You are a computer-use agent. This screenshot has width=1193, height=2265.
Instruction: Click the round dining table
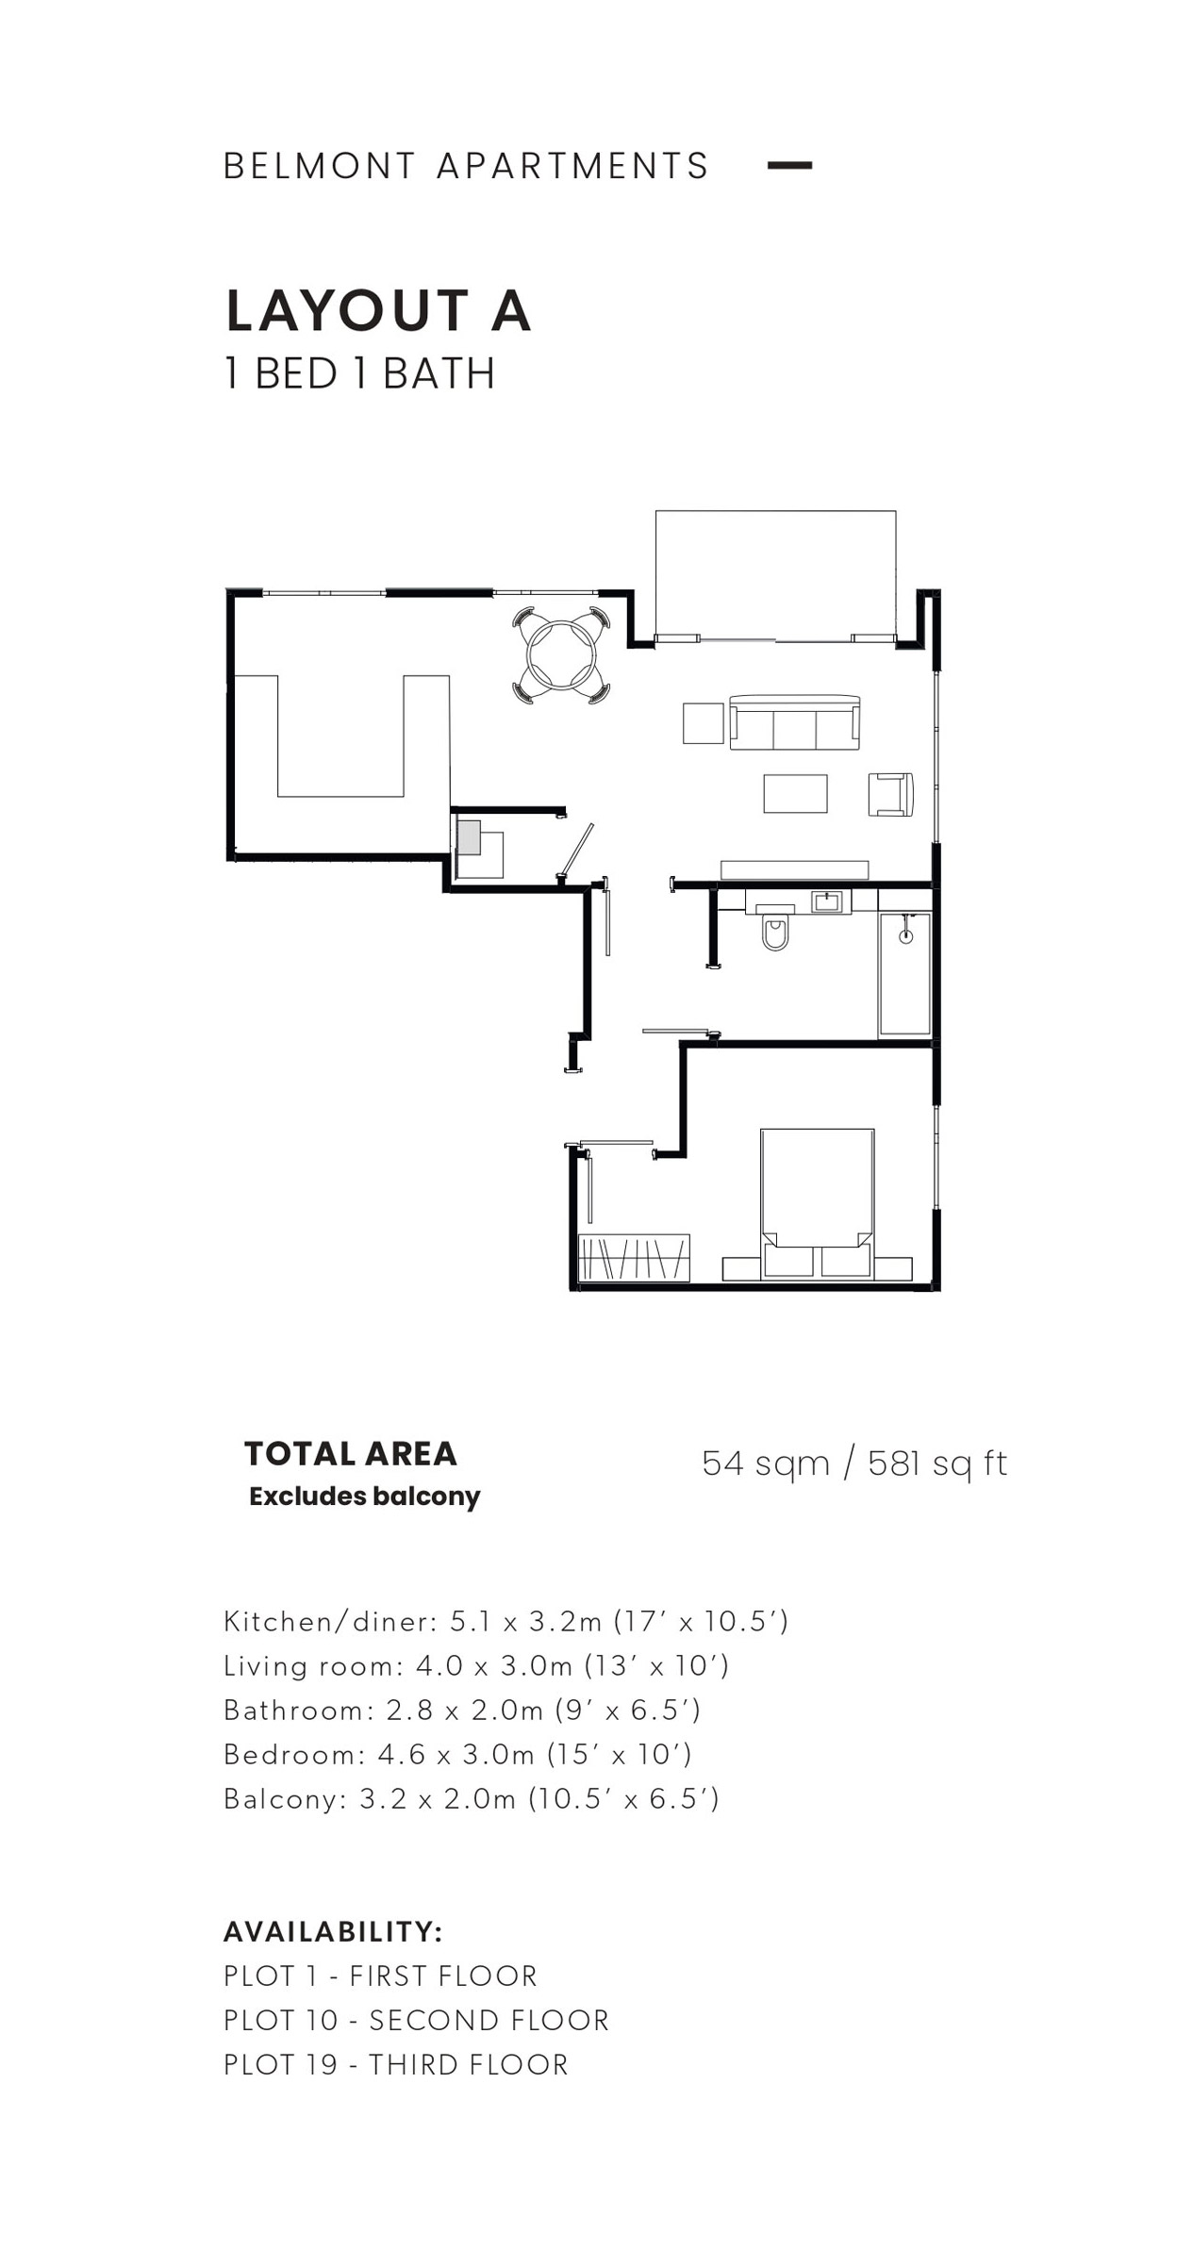tap(561, 654)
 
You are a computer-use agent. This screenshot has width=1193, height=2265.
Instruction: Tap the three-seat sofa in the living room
tap(794, 722)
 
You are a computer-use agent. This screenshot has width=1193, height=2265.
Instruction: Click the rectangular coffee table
tap(795, 793)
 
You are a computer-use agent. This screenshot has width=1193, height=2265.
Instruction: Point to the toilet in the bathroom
tap(775, 928)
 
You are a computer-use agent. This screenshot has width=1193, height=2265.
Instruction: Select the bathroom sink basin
tap(826, 901)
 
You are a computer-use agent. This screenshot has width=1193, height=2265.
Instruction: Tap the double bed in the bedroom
tap(817, 1203)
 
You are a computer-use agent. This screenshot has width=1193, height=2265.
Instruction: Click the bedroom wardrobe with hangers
tap(634, 1258)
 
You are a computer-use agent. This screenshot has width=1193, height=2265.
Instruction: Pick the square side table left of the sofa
tap(703, 723)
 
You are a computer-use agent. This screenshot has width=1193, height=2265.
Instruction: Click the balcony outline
tap(775, 511)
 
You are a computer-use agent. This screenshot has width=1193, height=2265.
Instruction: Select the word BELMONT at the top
tap(320, 166)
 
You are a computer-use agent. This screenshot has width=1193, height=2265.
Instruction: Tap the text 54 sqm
tap(766, 1463)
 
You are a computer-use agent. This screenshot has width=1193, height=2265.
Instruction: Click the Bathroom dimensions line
tap(462, 1710)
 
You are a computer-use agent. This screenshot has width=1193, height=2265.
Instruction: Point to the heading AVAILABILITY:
tap(333, 1931)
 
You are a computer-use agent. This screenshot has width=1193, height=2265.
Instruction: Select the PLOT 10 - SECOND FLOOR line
tap(416, 2020)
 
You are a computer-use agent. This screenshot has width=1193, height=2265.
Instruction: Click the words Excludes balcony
tap(365, 1496)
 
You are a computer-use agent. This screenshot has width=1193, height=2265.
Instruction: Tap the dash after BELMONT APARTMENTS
tap(789, 165)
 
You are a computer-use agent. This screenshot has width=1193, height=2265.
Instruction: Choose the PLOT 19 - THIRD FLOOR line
tap(396, 2064)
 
